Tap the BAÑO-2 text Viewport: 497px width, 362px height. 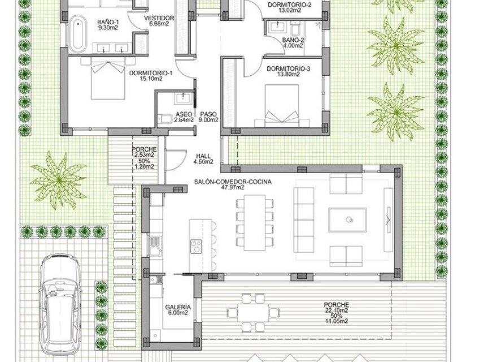[294, 41]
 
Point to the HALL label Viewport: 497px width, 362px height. [203, 159]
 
